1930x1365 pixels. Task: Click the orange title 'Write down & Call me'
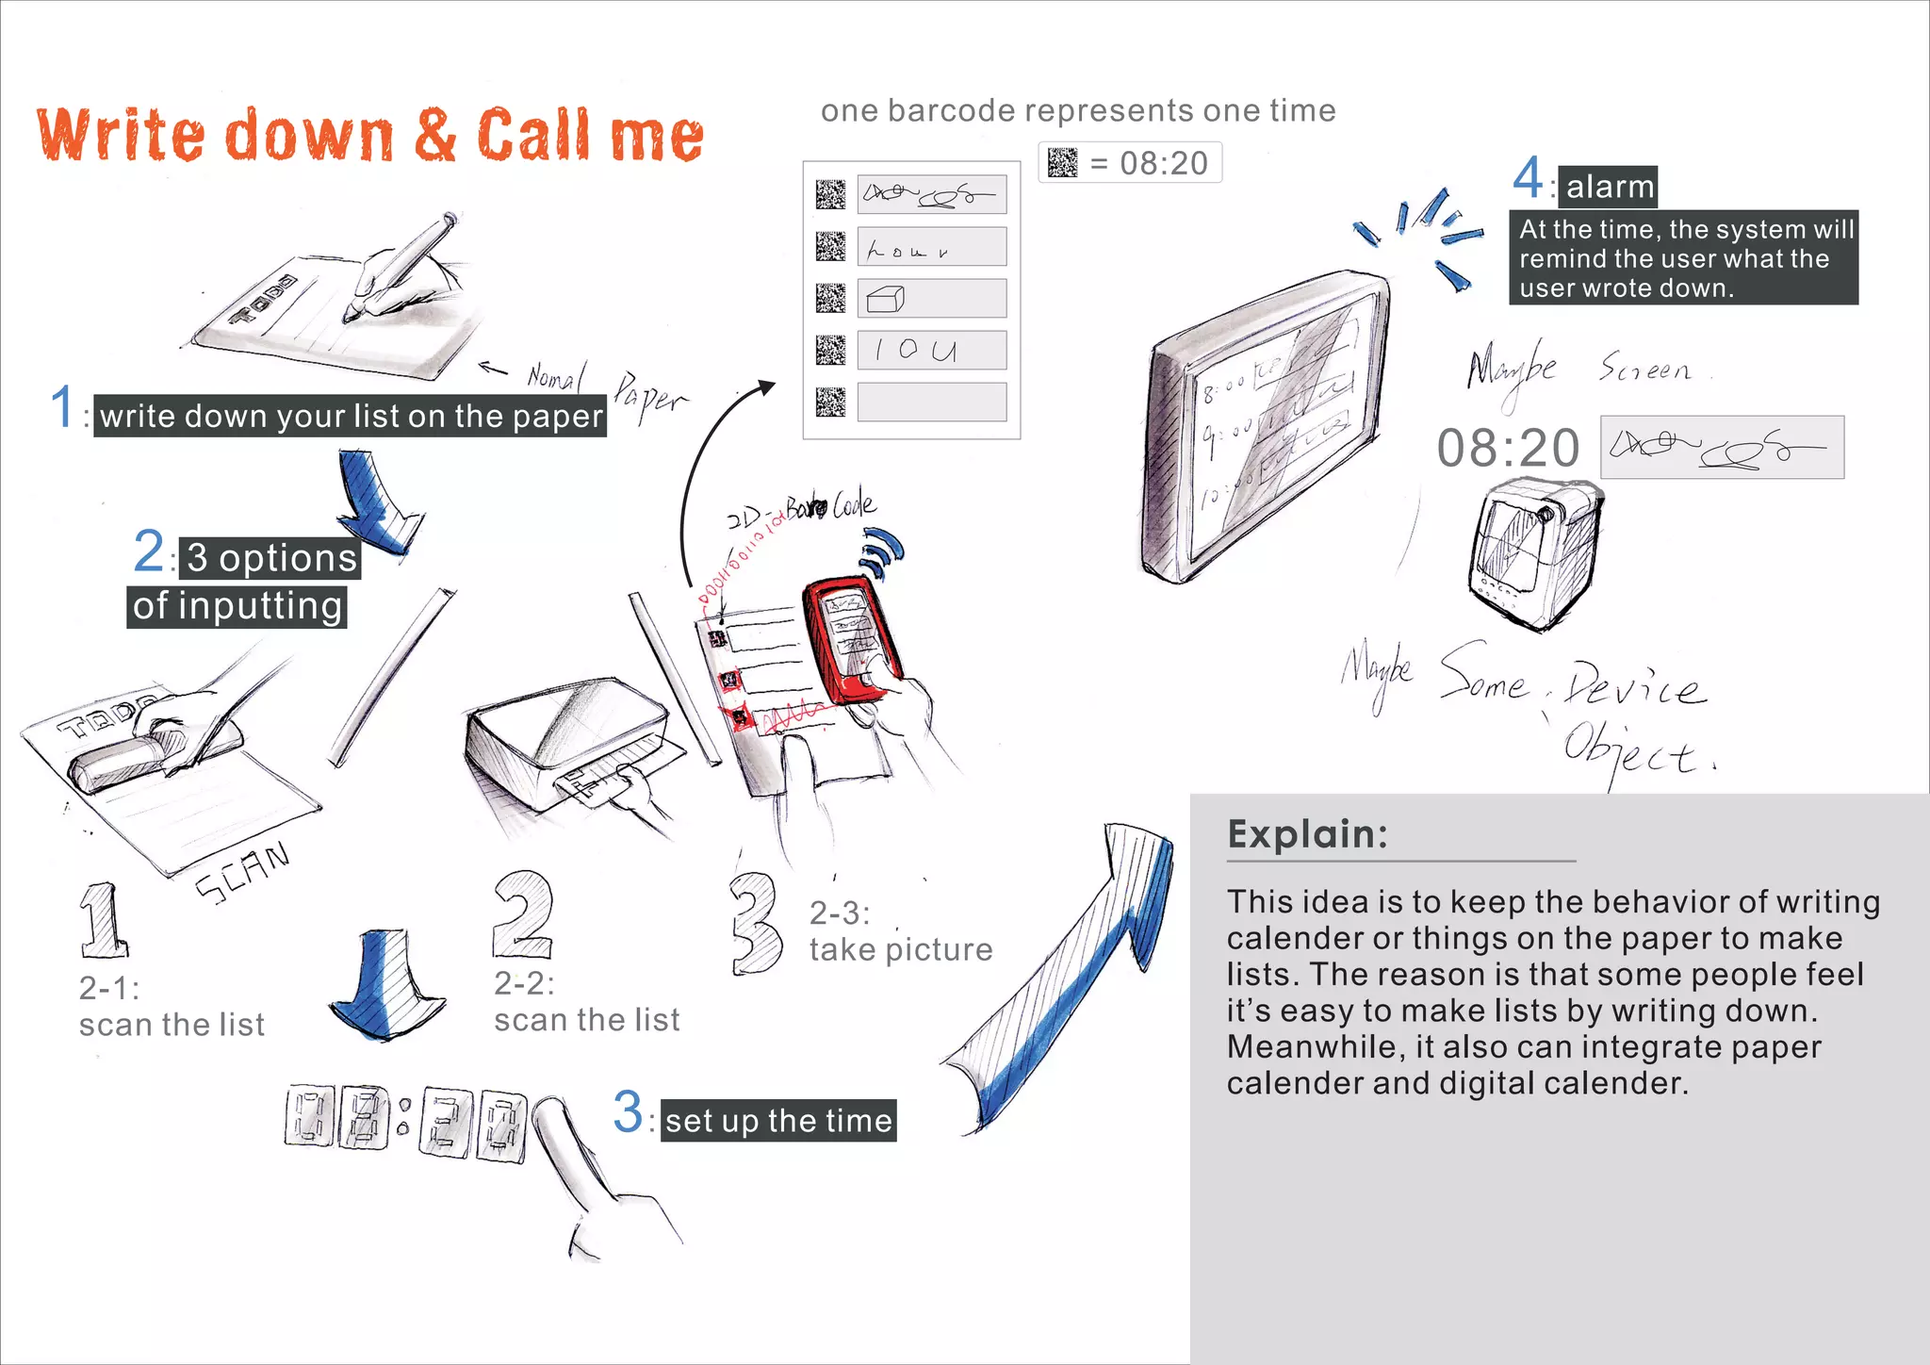click(x=369, y=135)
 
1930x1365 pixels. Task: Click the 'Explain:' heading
click(x=1307, y=834)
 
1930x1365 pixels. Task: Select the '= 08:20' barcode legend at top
click(x=1130, y=163)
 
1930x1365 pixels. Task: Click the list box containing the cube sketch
click(x=931, y=299)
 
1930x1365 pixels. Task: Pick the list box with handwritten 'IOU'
click(x=931, y=351)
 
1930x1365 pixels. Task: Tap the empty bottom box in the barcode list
click(x=931, y=403)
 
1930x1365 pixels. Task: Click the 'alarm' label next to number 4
click(x=1609, y=187)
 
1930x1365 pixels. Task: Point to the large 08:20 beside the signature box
click(x=1508, y=449)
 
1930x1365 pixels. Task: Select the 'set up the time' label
click(x=777, y=1121)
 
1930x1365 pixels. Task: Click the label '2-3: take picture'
click(x=900, y=931)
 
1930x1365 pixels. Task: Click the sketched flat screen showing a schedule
click(x=1268, y=424)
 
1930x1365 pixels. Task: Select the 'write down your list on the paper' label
click(x=351, y=417)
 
